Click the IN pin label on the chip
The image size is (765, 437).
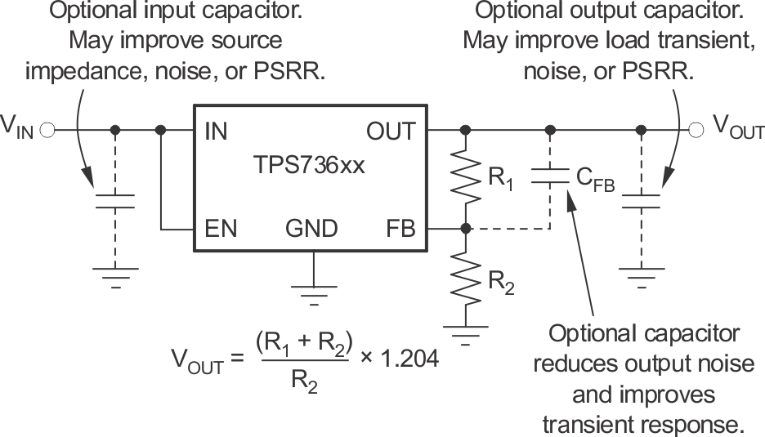click(216, 132)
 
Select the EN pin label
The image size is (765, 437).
click(220, 229)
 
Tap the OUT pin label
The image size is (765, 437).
click(390, 132)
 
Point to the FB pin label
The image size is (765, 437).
click(400, 229)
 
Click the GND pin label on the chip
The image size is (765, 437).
click(311, 229)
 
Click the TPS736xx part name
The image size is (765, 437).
click(310, 167)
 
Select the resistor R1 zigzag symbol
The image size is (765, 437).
click(465, 179)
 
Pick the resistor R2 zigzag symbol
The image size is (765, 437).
click(465, 275)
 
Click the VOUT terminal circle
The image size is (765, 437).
click(696, 130)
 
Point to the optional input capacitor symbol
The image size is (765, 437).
click(115, 201)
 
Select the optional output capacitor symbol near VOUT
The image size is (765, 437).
click(641, 201)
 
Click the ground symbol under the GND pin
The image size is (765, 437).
click(313, 292)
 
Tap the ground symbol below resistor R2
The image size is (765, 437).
click(465, 334)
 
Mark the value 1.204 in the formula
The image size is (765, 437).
click(404, 357)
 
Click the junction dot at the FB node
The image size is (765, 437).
click(465, 229)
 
